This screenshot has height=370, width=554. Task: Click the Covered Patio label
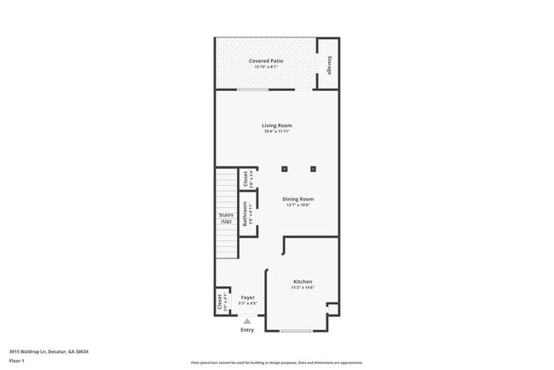click(x=266, y=61)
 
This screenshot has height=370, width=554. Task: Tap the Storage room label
click(x=330, y=63)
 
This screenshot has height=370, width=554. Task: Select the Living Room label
click(x=277, y=125)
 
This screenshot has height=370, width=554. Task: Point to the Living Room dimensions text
click(x=277, y=131)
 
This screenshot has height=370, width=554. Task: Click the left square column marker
click(x=286, y=168)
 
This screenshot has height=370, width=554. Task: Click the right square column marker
click(x=313, y=168)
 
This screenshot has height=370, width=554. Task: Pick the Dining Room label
click(x=298, y=199)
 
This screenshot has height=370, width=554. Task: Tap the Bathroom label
click(x=245, y=212)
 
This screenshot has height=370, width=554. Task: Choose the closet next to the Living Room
click(x=245, y=179)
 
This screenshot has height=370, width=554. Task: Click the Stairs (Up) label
click(x=226, y=218)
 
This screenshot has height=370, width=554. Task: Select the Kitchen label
click(x=303, y=281)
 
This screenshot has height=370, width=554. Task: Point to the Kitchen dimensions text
click(x=303, y=288)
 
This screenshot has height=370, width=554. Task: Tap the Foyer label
click(x=247, y=298)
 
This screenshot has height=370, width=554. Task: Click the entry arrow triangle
click(x=247, y=321)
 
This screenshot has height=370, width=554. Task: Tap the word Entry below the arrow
click(x=247, y=330)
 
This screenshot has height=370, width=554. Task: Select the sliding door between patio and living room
click(x=253, y=89)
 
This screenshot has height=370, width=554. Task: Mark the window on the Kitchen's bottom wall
click(x=296, y=331)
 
